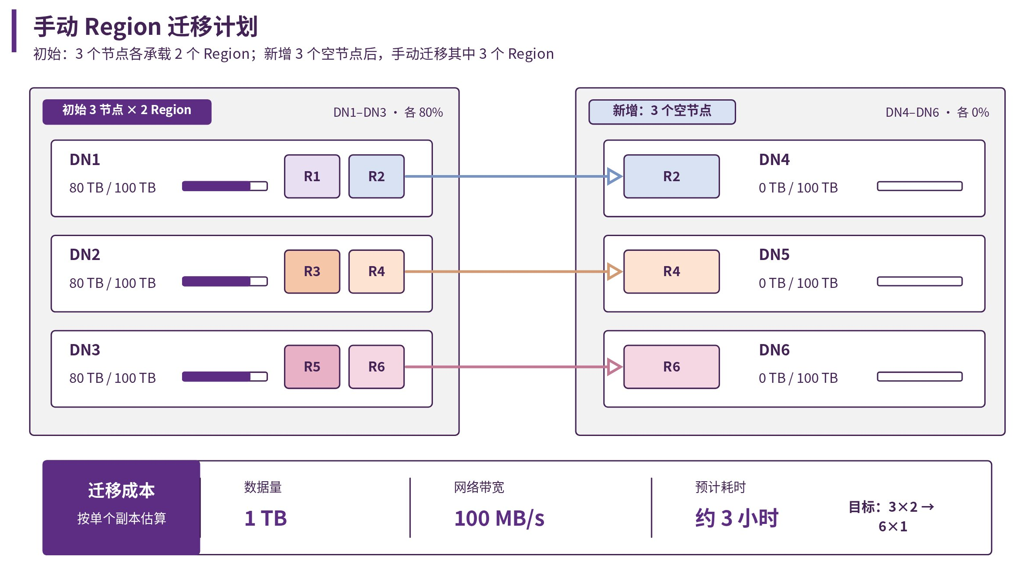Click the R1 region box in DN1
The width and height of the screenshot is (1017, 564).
tap(312, 176)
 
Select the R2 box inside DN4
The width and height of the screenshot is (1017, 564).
tap(671, 176)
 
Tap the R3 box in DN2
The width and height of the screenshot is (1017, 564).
tap(312, 271)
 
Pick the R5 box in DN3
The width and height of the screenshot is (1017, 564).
tap(312, 367)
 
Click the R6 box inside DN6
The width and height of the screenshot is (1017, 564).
tap(671, 367)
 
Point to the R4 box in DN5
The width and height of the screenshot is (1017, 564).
tap(671, 271)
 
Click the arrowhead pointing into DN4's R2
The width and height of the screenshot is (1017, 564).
tap(615, 176)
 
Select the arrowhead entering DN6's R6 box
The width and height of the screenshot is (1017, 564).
tap(615, 367)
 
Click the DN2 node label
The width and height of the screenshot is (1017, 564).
tap(85, 255)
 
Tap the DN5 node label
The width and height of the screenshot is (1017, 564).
tap(774, 255)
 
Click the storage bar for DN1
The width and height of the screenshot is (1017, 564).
tap(225, 186)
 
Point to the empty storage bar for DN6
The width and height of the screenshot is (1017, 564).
tap(919, 377)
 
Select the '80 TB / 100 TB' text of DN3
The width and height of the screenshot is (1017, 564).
tap(112, 378)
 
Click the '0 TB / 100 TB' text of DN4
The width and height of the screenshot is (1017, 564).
tap(798, 188)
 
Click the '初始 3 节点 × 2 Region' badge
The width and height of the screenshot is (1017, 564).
tap(127, 112)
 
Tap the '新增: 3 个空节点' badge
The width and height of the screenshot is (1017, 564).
tap(662, 112)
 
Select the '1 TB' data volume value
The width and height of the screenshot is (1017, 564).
tap(266, 518)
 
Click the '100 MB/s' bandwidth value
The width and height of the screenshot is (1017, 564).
tap(499, 519)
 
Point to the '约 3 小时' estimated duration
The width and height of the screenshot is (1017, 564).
tap(737, 518)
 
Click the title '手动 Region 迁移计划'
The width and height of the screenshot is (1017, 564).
tap(146, 27)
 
